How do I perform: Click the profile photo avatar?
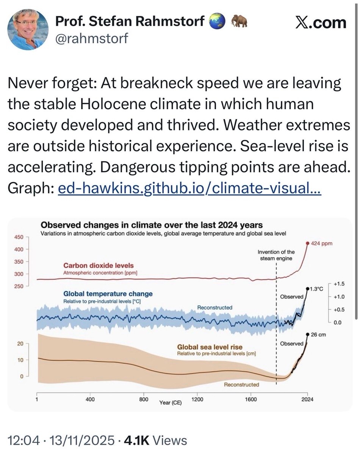click(28, 30)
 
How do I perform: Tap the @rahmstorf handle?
click(92, 38)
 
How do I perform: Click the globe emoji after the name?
click(217, 20)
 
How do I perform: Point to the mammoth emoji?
click(239, 21)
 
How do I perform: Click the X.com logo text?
click(321, 23)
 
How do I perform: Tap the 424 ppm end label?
click(321, 243)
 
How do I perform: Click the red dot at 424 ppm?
click(308, 243)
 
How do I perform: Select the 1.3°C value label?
click(316, 289)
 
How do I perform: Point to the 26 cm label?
click(318, 335)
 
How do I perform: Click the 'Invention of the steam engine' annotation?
click(276, 255)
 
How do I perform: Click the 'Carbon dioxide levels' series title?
click(99, 265)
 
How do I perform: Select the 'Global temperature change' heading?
click(108, 294)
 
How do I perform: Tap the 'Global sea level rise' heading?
click(210, 347)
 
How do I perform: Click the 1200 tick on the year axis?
click(197, 399)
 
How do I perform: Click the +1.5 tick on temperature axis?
click(339, 284)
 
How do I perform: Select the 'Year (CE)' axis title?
click(171, 403)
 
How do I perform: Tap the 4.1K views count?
click(137, 441)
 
